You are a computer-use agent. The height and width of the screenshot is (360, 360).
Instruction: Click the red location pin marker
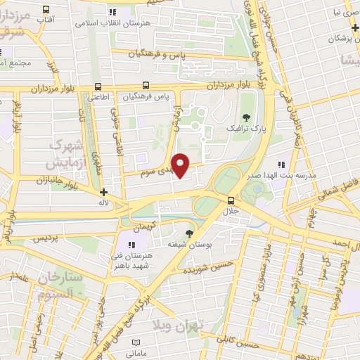[x=181, y=165]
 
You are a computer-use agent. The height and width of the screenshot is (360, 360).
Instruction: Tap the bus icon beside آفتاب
[x=46, y=9]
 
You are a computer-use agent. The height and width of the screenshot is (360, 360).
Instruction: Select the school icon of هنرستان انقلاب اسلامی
[x=112, y=12]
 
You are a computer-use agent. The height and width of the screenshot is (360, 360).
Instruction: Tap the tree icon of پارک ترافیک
[x=245, y=117]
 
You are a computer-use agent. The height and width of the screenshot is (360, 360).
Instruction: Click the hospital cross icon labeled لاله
[x=104, y=191]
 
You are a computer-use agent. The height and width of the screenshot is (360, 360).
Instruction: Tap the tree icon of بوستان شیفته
[x=189, y=233]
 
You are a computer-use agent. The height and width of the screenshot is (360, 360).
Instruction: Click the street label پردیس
[x=43, y=239]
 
